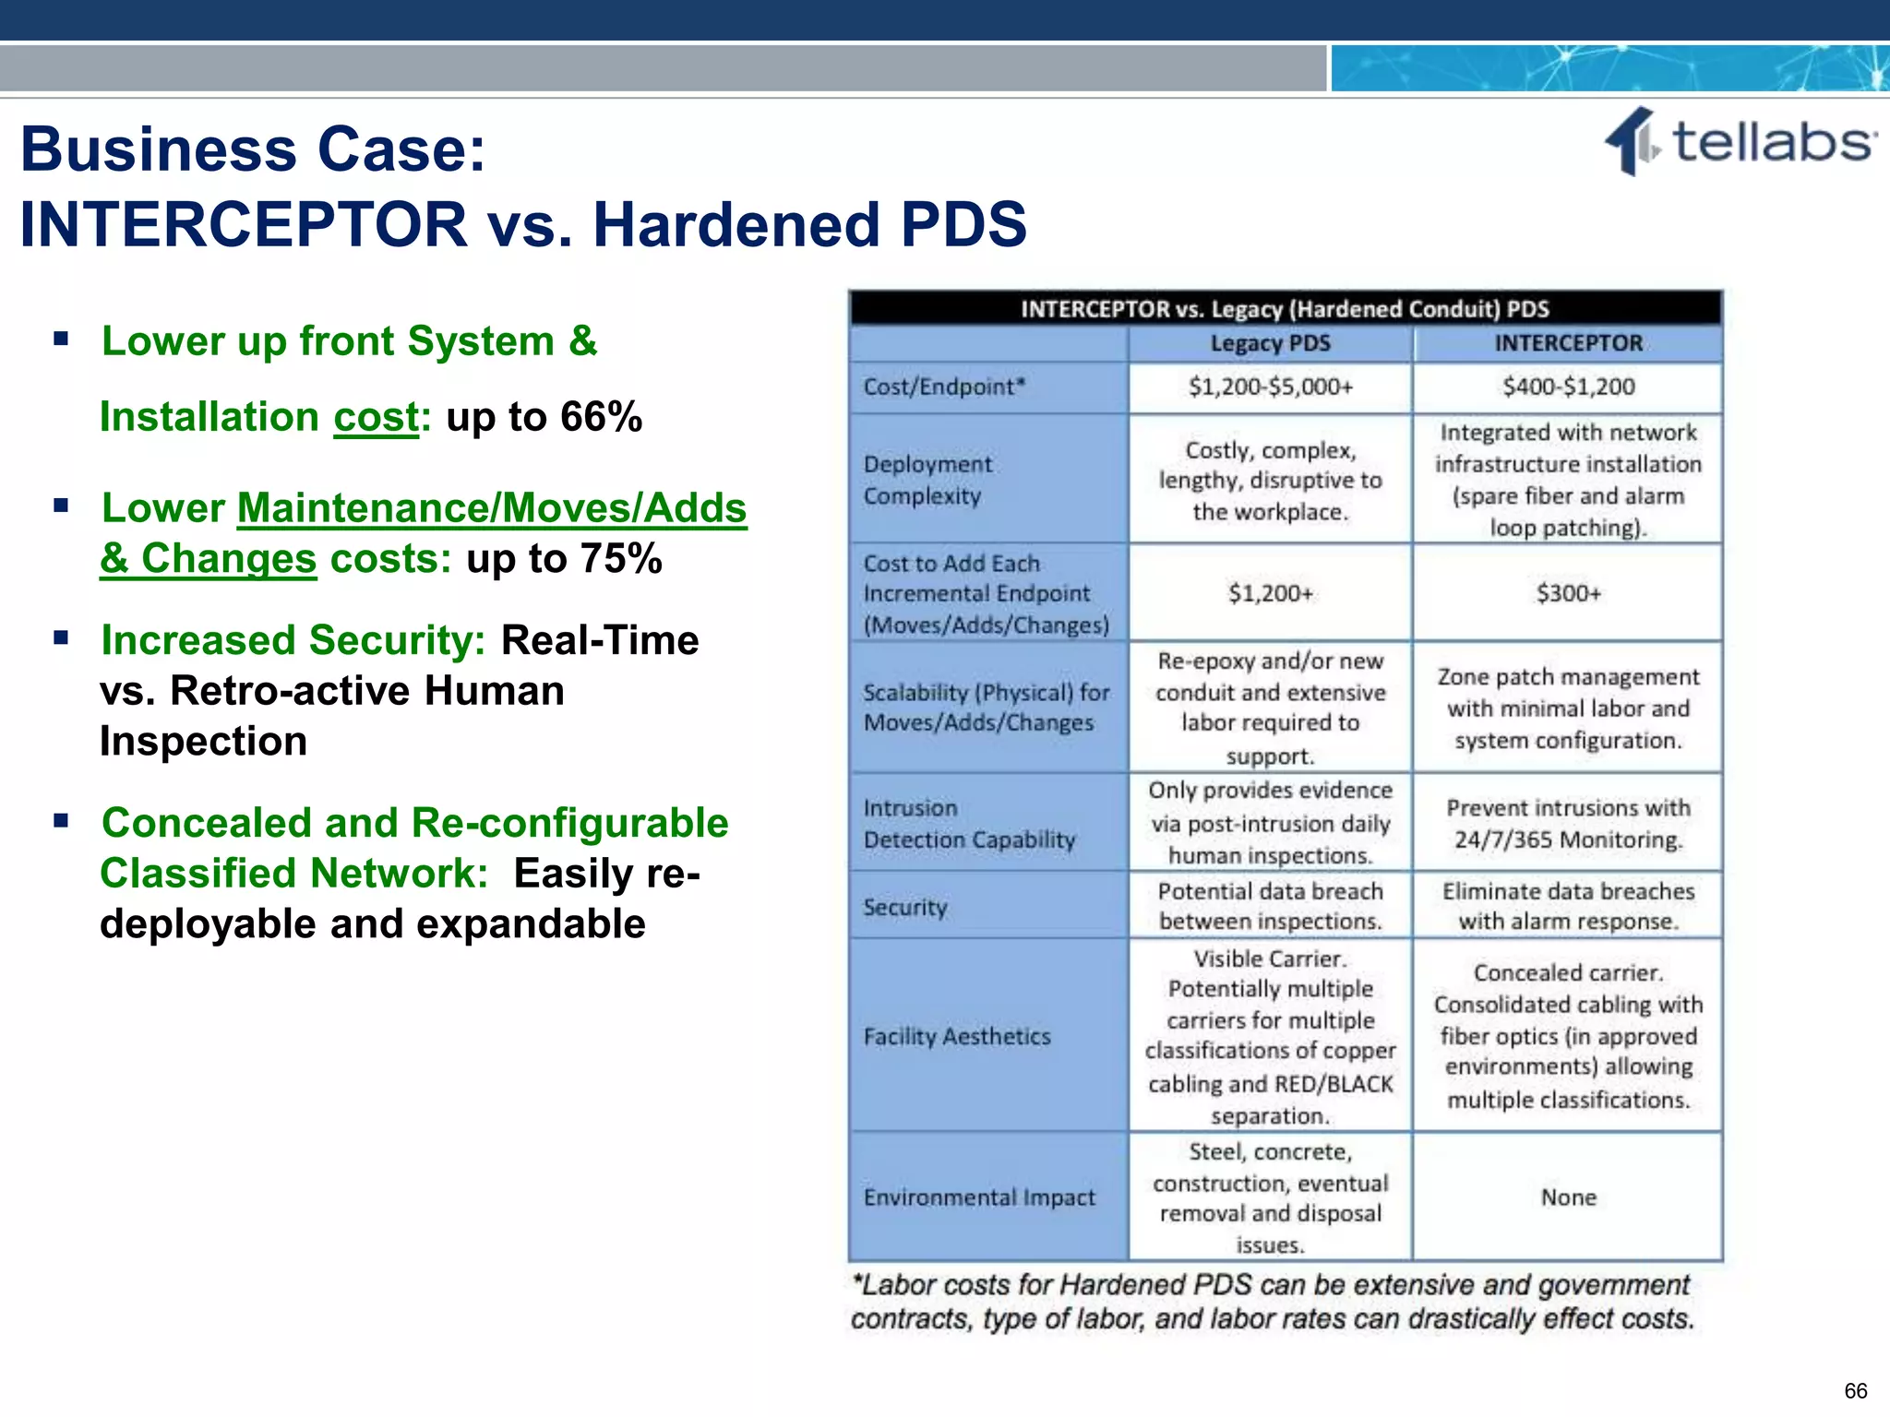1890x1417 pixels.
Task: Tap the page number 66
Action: (x=1855, y=1390)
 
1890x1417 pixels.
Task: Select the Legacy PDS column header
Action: (x=1270, y=344)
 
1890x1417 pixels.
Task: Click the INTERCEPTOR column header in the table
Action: (x=1568, y=344)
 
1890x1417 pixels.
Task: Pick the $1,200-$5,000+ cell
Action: (x=1270, y=387)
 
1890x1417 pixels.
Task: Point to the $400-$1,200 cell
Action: (x=1568, y=387)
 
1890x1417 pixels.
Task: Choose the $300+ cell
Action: (x=1568, y=593)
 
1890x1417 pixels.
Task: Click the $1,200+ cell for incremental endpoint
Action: (x=1270, y=593)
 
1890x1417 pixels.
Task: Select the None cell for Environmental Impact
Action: (x=1568, y=1197)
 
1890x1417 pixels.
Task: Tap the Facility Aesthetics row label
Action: (x=957, y=1037)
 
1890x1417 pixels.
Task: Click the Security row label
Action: (x=905, y=908)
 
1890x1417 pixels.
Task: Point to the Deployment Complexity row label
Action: (x=927, y=480)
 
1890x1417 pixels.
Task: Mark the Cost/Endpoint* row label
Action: (x=944, y=387)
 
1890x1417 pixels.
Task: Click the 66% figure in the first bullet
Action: (x=601, y=417)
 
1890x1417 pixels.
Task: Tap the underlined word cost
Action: (x=376, y=417)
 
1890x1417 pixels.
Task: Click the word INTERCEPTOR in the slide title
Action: (x=244, y=224)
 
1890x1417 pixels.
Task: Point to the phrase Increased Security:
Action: (x=293, y=640)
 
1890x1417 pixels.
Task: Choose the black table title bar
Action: (x=1285, y=309)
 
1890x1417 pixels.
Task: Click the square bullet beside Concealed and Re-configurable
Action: (x=62, y=820)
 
